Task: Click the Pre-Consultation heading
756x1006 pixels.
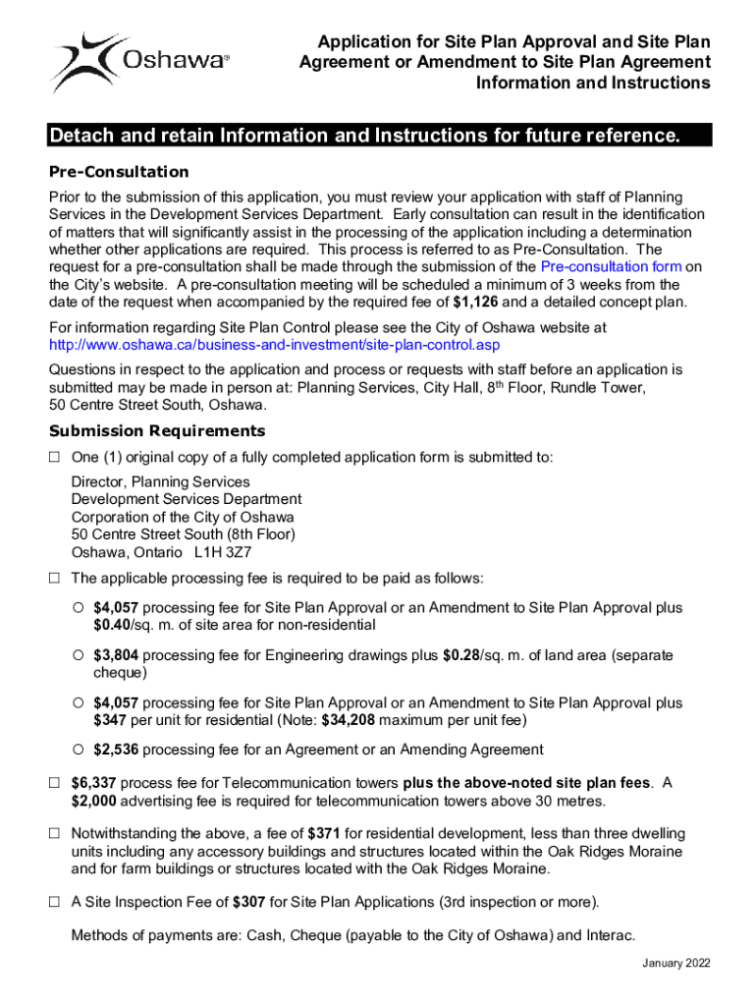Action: pos(119,172)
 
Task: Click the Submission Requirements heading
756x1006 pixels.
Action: pos(157,430)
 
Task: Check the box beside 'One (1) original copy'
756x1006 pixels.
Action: pos(55,457)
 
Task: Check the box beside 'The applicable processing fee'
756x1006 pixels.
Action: pos(55,578)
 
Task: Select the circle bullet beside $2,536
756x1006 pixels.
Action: pos(78,750)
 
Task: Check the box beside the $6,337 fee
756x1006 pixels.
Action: pos(55,783)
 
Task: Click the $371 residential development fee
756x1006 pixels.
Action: pos(323,834)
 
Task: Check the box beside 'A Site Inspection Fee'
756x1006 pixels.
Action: pos(55,902)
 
